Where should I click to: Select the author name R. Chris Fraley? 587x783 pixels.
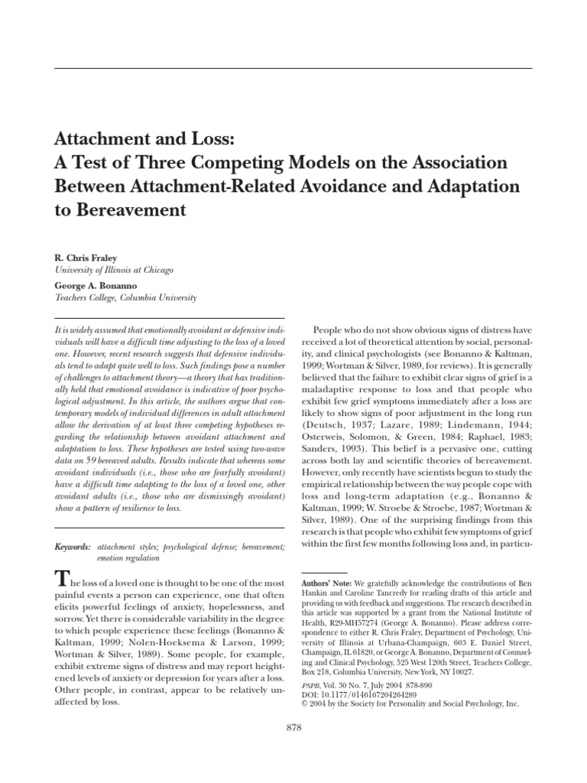pos(84,259)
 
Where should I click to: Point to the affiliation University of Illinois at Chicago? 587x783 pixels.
pos(114,271)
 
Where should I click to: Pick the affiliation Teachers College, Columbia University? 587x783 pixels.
pos(125,297)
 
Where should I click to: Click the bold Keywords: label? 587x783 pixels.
pos(72,526)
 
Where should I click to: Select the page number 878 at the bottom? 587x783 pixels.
pos(293,728)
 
